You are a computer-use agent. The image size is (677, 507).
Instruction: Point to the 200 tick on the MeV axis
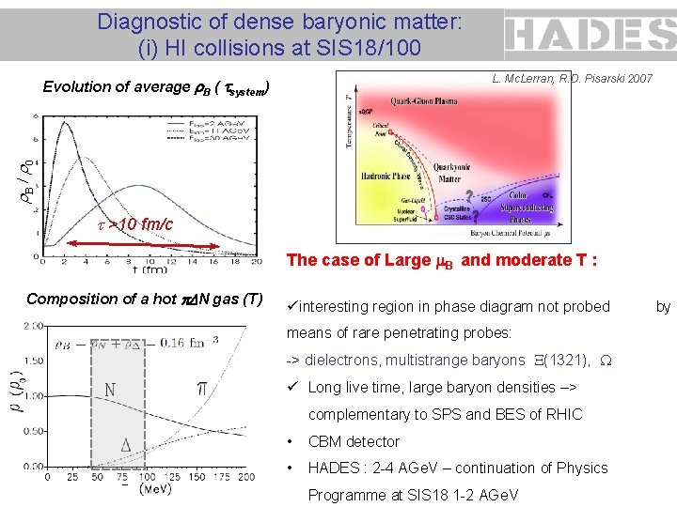245,476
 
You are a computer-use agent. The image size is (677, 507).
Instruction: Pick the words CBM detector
354,441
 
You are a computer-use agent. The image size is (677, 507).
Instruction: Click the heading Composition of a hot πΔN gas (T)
144,299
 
